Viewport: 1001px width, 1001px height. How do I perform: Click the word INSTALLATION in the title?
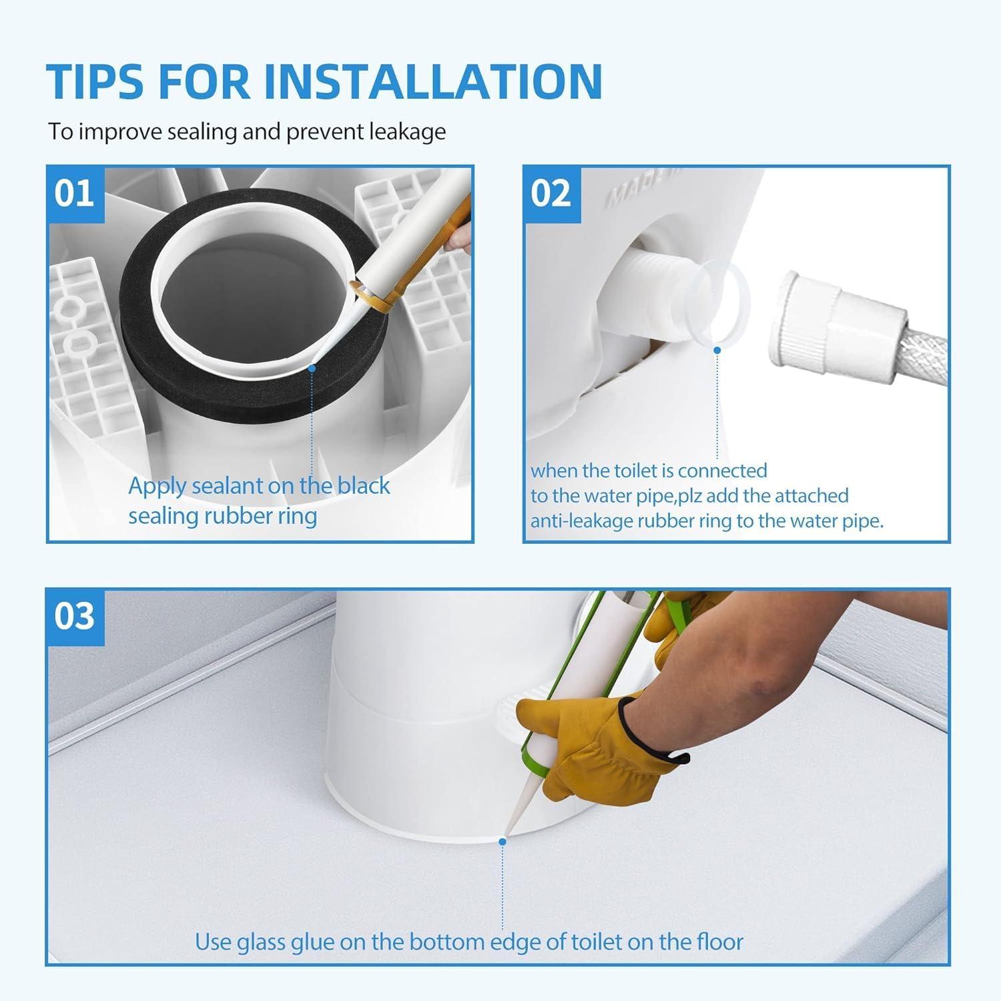(434, 81)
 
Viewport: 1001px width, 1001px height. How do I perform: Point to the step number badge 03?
(75, 617)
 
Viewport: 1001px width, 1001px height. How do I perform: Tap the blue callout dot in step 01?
(312, 368)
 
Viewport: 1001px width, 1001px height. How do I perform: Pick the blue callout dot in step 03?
(503, 842)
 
